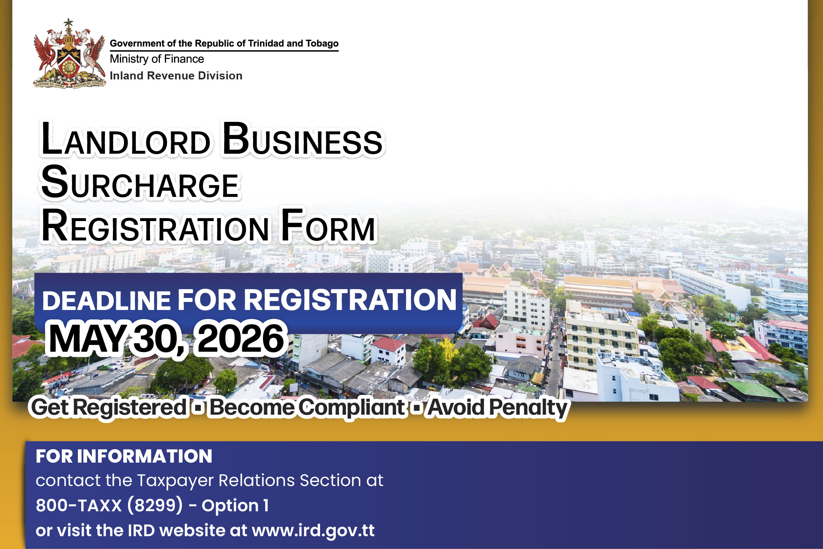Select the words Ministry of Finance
click(157, 59)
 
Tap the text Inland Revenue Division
click(176, 76)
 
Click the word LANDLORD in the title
click(125, 141)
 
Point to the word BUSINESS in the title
click(302, 141)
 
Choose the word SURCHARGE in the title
click(140, 183)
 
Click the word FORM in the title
click(328, 226)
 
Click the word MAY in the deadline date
click(88, 339)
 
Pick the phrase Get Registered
click(109, 407)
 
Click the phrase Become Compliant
click(307, 407)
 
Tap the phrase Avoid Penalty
click(497, 407)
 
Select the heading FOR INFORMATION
click(124, 456)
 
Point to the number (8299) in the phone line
click(155, 505)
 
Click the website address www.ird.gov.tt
click(313, 530)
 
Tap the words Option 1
click(235, 505)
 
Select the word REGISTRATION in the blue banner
click(350, 300)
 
